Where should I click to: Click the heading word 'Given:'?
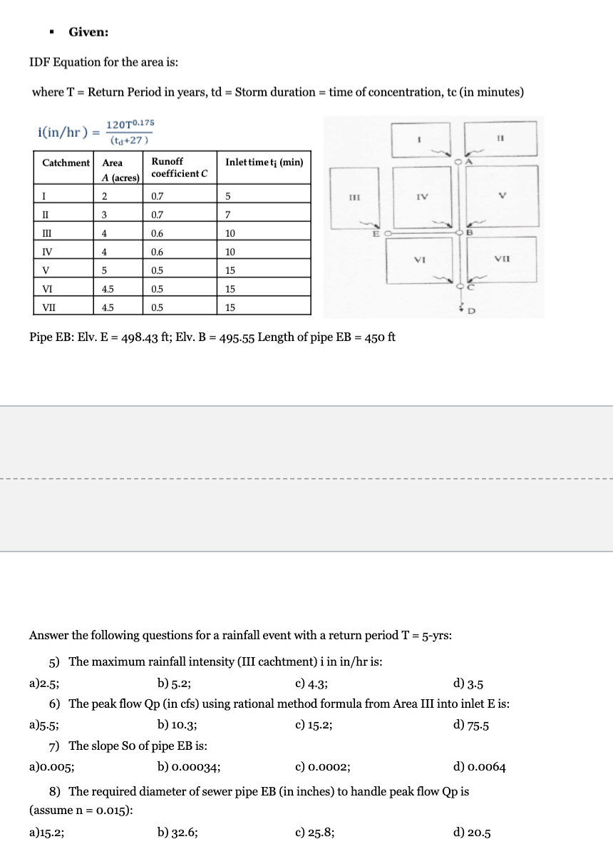(88, 31)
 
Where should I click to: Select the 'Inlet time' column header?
(264, 162)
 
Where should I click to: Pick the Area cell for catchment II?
(104, 215)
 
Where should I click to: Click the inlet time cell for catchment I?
(228, 196)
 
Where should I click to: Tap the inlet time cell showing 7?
(228, 215)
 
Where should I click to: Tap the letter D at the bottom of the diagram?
(470, 311)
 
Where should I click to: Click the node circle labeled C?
(460, 287)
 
